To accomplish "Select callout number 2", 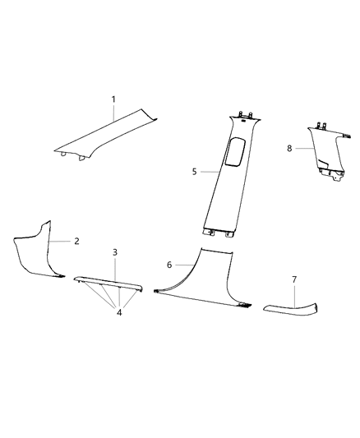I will coord(76,242).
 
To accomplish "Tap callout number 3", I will coord(114,251).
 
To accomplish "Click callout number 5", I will coord(194,172).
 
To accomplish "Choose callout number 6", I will coord(169,265).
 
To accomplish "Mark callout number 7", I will coord(294,279).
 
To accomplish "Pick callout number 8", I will coord(288,149).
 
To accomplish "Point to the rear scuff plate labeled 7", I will coord(292,308).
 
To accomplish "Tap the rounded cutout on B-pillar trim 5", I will coord(233,153).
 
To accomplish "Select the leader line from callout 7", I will coord(294,293).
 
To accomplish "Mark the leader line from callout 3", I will coord(114,266).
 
